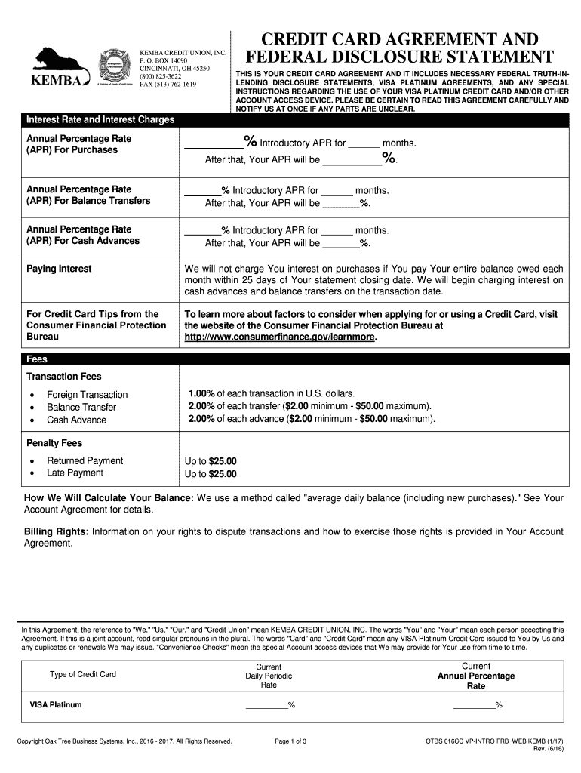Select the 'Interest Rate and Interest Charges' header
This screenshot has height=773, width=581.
tap(100, 120)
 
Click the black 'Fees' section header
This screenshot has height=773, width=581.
tap(37, 360)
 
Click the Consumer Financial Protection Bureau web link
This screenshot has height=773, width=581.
tap(280, 337)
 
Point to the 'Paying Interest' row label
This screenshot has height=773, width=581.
tap(59, 269)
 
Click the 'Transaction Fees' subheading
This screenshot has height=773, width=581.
tap(64, 377)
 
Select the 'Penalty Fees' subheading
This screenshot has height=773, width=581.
tap(54, 443)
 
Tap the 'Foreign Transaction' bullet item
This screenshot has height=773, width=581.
tap(88, 395)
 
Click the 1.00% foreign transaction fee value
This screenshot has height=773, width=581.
tap(201, 393)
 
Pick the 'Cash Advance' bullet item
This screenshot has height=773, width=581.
tap(77, 420)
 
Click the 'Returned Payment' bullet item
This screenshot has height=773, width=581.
tap(85, 461)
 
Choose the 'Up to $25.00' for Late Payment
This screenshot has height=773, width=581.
tap(211, 474)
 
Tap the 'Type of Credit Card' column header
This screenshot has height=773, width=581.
tap(83, 674)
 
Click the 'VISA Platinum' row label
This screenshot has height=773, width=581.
tap(56, 705)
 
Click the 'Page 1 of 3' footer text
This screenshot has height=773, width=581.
tap(290, 741)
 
